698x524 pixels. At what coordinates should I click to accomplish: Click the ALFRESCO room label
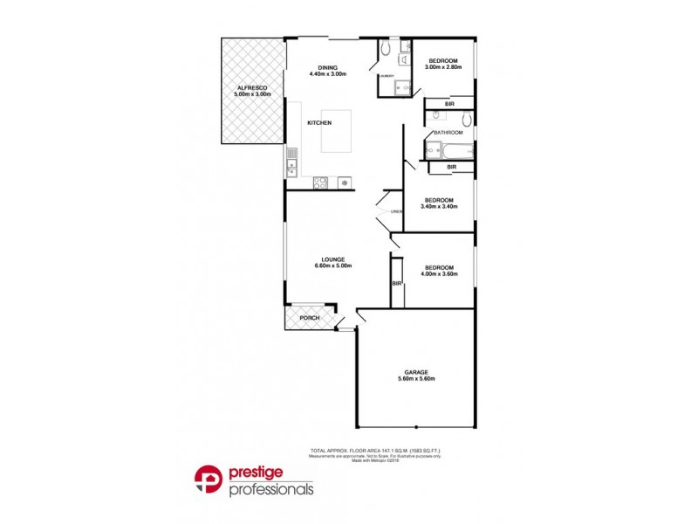click(253, 87)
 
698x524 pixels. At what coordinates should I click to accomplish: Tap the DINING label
click(327, 67)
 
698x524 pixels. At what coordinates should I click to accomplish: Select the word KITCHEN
click(319, 123)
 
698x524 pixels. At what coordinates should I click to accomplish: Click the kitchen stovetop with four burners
click(321, 183)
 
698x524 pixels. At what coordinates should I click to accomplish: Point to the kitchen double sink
click(291, 162)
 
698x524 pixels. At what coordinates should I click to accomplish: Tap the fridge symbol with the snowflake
click(346, 183)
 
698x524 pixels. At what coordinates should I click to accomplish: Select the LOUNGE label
click(332, 259)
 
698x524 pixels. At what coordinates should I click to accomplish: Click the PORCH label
click(309, 318)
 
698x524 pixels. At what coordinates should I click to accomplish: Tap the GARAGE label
click(415, 372)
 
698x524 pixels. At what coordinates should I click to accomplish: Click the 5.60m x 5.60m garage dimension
click(415, 379)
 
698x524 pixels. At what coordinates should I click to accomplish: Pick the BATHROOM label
click(449, 132)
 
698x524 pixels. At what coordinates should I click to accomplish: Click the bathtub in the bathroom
click(448, 150)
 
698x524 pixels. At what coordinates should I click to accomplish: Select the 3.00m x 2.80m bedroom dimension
click(442, 67)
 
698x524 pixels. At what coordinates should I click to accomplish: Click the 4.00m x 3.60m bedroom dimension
click(439, 274)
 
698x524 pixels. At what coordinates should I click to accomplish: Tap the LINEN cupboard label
click(396, 212)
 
